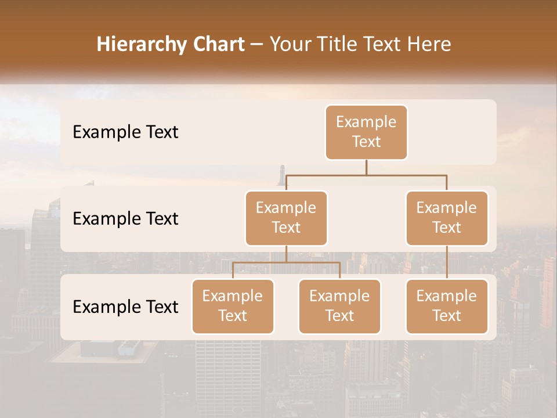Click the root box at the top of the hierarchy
point(366,132)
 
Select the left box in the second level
point(286,218)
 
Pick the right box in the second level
point(447,218)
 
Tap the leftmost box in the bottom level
point(233,306)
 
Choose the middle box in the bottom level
point(339,306)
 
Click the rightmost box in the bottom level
point(447,306)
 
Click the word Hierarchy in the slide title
point(140,44)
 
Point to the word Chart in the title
point(216,44)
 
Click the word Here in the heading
point(428,44)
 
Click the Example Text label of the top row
point(125,132)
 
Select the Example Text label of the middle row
point(125,218)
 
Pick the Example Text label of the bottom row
point(125,307)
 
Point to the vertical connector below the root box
point(366,167)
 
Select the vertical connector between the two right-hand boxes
point(447,262)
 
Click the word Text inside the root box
point(366,142)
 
